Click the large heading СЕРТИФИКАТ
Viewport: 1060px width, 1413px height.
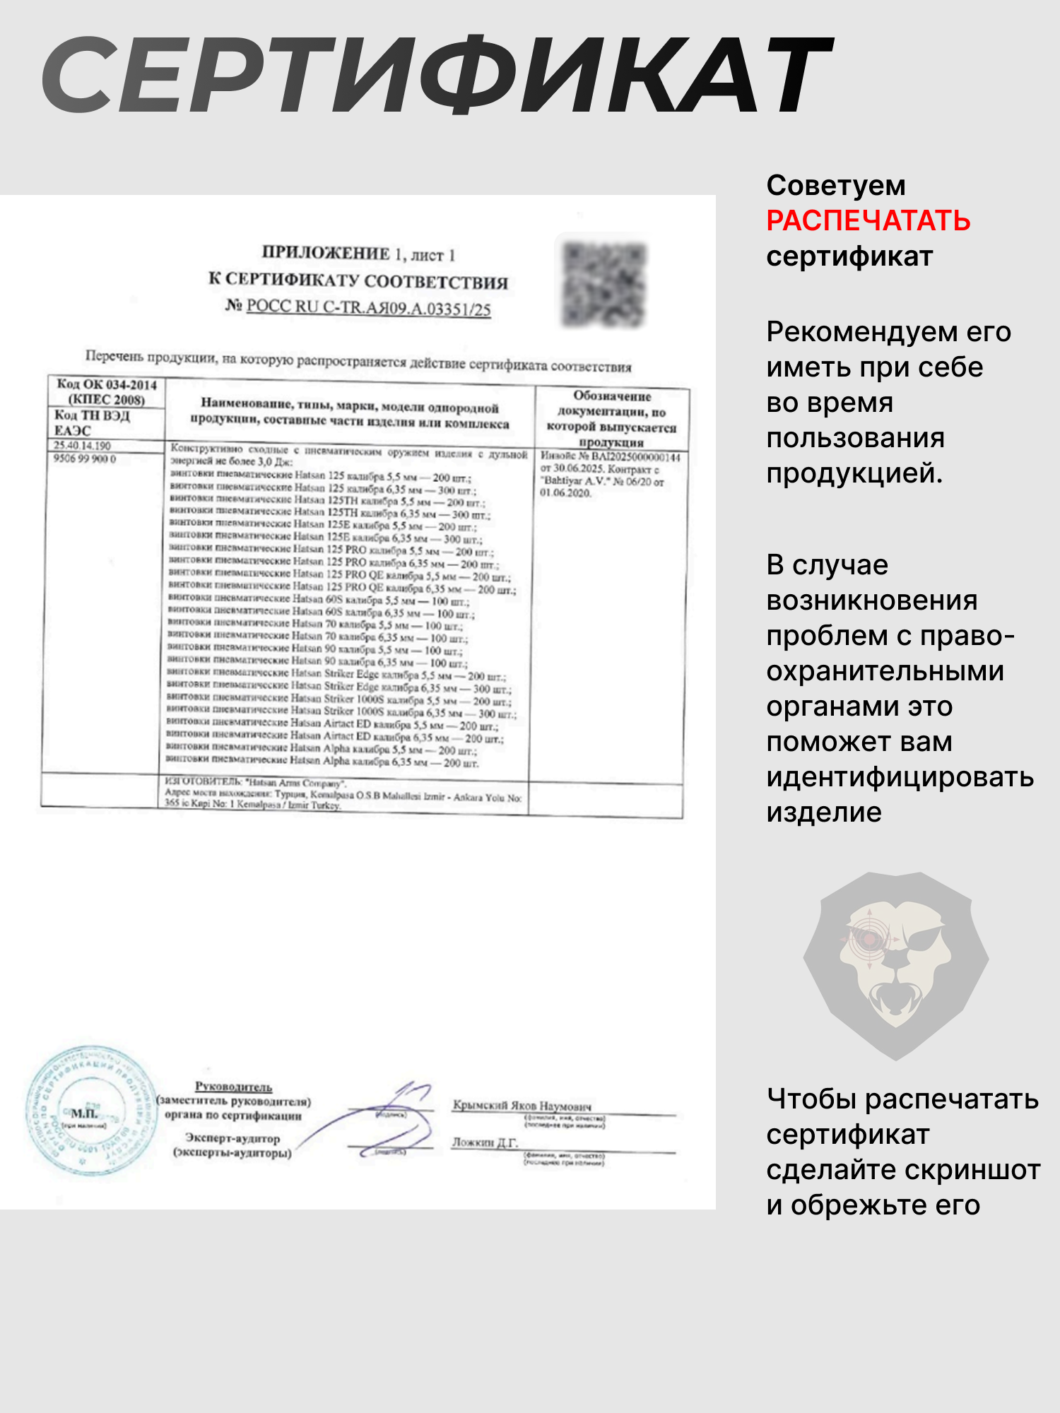pyautogui.click(x=438, y=76)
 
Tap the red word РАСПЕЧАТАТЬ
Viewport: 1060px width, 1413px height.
pyautogui.click(x=868, y=221)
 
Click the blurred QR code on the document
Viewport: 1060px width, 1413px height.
pyautogui.click(x=603, y=284)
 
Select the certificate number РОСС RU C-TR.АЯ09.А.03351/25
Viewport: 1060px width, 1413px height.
pyautogui.click(x=368, y=307)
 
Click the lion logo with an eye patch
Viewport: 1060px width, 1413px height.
pyautogui.click(x=896, y=965)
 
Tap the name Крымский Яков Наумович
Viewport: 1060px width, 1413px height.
pyautogui.click(x=522, y=1106)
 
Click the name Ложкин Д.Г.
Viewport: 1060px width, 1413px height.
pyautogui.click(x=485, y=1142)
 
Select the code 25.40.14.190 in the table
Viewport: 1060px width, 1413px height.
pyautogui.click(x=83, y=446)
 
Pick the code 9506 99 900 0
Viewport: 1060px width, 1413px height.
pyautogui.click(x=85, y=459)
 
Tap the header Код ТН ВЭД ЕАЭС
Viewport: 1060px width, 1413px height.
pyautogui.click(x=92, y=422)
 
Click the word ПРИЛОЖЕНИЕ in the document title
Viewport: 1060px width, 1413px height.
pyautogui.click(x=326, y=253)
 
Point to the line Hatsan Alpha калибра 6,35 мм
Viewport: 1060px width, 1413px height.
pyautogui.click(x=322, y=762)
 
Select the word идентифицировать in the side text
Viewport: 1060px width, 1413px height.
pyautogui.click(x=900, y=778)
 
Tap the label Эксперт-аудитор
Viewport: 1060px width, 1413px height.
pyautogui.click(x=232, y=1138)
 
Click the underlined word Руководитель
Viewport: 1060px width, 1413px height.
pyautogui.click(x=233, y=1087)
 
